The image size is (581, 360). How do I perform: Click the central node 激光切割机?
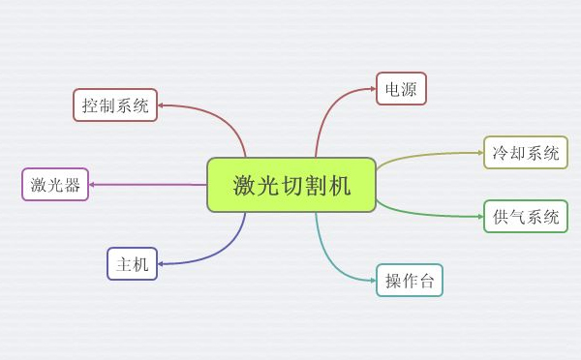point(290,185)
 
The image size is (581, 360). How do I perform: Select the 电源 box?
point(401,89)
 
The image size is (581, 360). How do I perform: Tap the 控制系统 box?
point(115,105)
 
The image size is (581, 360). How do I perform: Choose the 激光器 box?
point(55,184)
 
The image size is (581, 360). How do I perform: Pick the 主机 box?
point(132,263)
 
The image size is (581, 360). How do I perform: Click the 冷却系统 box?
point(525,153)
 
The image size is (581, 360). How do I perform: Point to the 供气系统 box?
point(525,216)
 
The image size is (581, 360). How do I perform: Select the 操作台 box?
point(409,280)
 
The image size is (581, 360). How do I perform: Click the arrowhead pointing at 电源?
point(371,90)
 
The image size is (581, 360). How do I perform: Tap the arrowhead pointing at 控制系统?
point(162,105)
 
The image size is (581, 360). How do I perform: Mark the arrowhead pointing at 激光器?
point(94,184)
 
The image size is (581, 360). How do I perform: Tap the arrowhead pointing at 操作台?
point(371,280)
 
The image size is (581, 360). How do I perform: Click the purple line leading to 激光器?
point(145,184)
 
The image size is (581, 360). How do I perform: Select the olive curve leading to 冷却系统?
point(426,155)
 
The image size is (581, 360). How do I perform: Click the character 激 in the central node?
point(244,185)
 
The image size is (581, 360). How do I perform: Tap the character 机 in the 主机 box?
point(141,263)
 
